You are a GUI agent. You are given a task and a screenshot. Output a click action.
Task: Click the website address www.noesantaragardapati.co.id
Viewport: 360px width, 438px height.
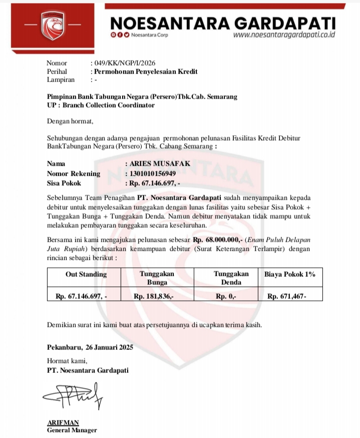pos(284,35)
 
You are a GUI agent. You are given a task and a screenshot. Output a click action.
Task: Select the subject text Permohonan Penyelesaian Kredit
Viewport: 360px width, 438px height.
pos(146,72)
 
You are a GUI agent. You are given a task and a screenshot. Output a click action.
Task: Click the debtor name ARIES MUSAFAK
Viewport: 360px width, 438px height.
pos(156,164)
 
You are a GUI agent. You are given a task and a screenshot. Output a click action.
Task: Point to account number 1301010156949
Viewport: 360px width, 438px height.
pos(152,174)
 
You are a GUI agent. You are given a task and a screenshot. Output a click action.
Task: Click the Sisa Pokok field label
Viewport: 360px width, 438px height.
pos(64,183)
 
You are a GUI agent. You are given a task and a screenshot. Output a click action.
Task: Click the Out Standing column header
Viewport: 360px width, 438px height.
pos(86,274)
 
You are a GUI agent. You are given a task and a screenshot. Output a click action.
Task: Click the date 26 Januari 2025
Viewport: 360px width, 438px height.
pos(109,347)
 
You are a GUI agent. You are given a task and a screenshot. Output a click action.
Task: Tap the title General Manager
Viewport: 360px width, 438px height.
pos(72,430)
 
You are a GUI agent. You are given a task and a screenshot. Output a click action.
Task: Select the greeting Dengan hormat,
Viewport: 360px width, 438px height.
pos(70,121)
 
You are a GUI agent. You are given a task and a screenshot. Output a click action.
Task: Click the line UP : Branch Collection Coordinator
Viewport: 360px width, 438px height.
pos(101,105)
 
